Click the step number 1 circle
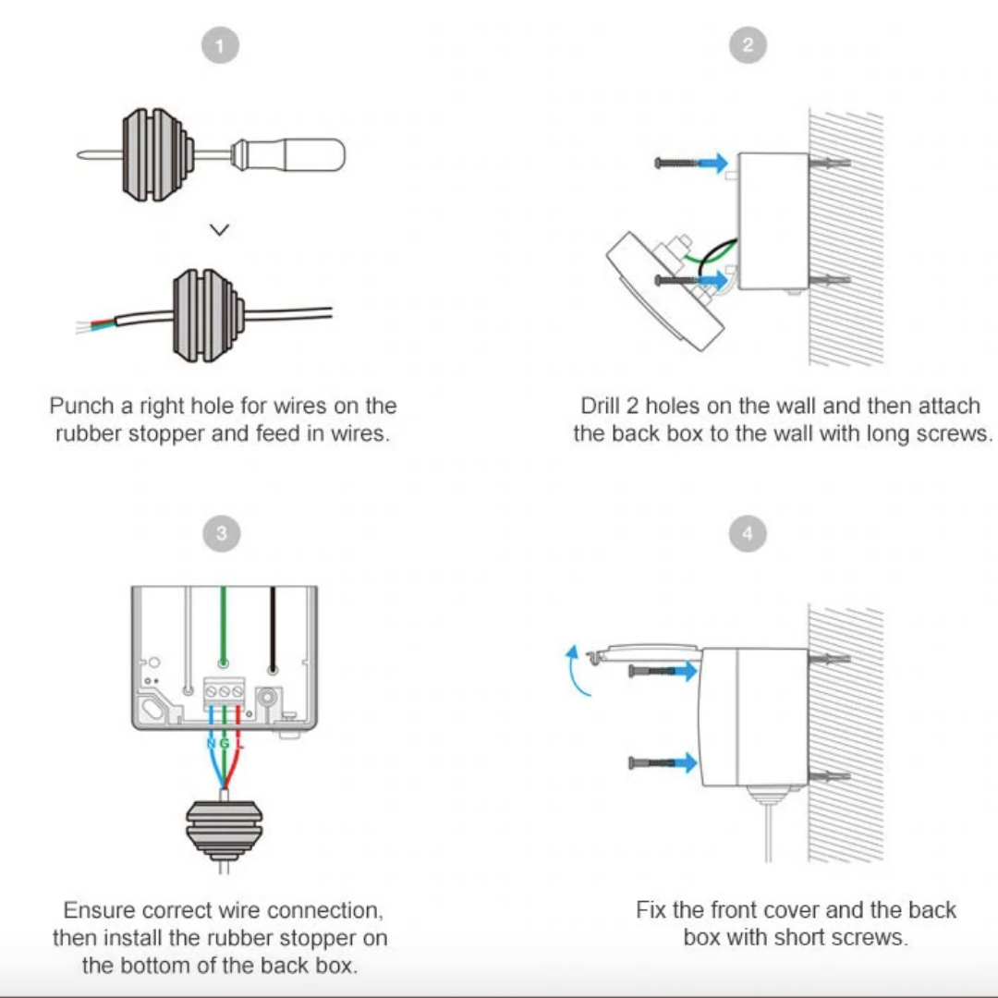coord(221,44)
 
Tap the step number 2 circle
coord(748,44)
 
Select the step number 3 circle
coord(221,533)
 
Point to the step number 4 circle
coord(748,533)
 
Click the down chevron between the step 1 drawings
coord(220,229)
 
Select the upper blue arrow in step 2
coord(712,163)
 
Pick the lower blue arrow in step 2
coord(712,279)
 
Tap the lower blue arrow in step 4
coord(682,762)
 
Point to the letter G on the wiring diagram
coord(225,744)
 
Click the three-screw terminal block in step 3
coord(224,691)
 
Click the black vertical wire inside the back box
coord(272,628)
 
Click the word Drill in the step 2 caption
coord(603,407)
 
